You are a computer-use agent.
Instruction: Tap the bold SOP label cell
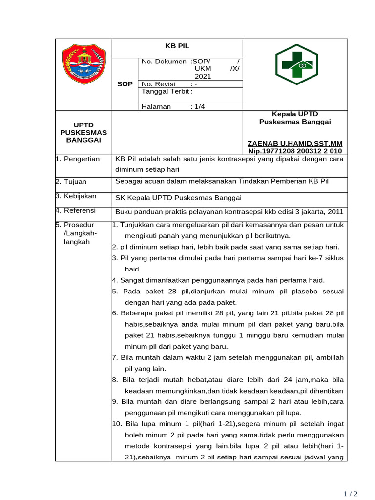125,84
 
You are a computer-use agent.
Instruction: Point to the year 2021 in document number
203,76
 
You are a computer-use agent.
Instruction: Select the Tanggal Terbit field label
166,91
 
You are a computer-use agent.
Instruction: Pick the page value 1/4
198,106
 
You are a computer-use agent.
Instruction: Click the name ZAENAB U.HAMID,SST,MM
295,143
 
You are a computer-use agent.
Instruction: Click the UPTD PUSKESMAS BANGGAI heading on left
83,133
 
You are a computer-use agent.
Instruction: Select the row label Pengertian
80,159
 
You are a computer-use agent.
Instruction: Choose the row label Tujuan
74,181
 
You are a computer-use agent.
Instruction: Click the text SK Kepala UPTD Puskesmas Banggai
178,197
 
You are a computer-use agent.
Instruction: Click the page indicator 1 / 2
351,494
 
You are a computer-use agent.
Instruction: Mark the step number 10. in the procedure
117,423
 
